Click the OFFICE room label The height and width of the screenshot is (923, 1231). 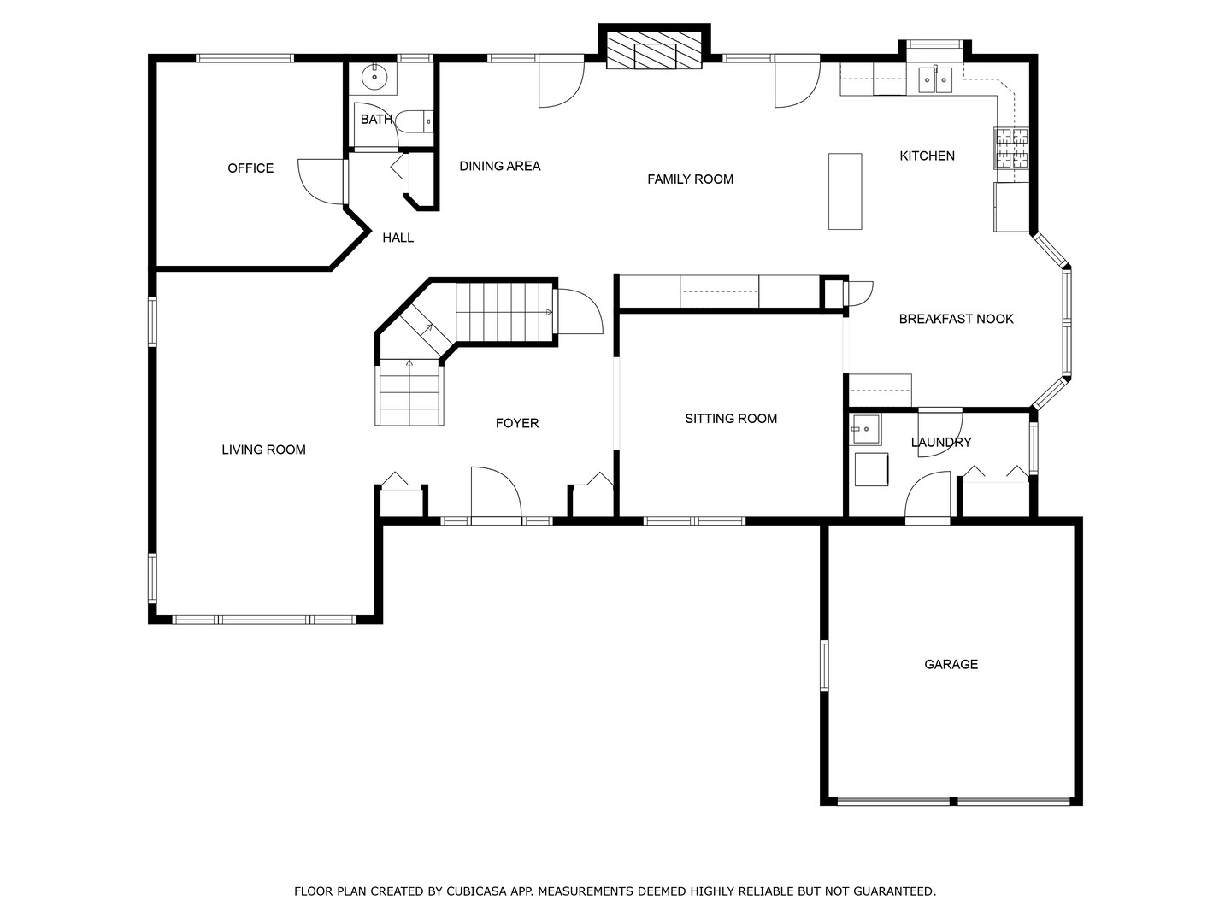[x=250, y=168]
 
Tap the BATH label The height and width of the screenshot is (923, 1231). [x=376, y=120]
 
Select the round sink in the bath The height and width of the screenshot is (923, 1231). [x=373, y=77]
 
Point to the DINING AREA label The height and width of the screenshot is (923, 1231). [x=500, y=166]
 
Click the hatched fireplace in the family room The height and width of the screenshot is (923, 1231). [x=654, y=50]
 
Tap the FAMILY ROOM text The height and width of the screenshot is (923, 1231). [x=690, y=179]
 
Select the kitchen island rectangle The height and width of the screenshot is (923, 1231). [x=845, y=191]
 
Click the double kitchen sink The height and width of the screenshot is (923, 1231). [x=935, y=79]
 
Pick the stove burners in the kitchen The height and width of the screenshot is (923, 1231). [x=1011, y=148]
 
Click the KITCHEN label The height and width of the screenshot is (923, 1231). [x=927, y=156]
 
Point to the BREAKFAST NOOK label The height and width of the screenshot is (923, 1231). [x=956, y=319]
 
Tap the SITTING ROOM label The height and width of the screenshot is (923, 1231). [x=731, y=419]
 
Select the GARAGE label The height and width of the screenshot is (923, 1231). [x=951, y=664]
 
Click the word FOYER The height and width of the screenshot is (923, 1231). [x=516, y=423]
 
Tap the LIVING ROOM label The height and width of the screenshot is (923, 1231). [x=263, y=450]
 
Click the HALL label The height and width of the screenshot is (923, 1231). [x=398, y=238]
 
